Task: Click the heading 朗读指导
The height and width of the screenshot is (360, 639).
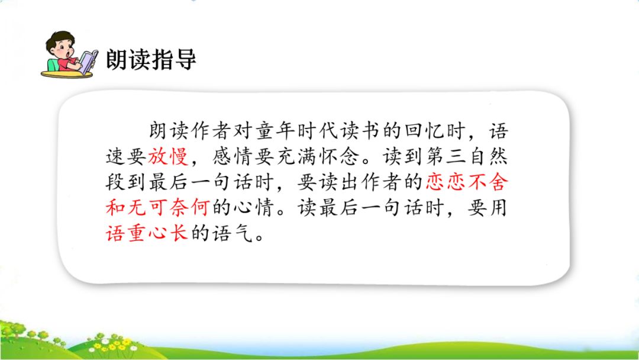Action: pos(150,60)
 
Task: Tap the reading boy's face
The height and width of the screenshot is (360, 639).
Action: pos(64,51)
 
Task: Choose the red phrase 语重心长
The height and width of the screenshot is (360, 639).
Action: pos(147,233)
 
